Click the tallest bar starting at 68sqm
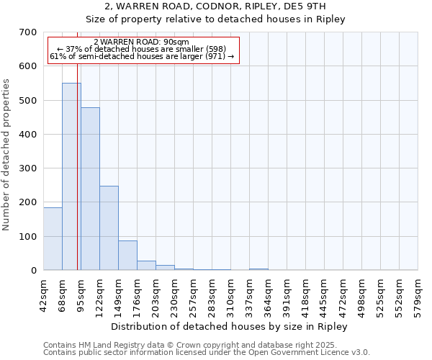click(x=71, y=176)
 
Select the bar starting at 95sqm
click(x=90, y=189)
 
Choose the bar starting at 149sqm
click(x=127, y=256)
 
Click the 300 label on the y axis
click(x=29, y=168)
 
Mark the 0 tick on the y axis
click(x=33, y=271)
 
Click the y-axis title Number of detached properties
click(x=7, y=156)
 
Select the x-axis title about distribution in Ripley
click(x=230, y=326)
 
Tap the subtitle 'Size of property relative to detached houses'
click(x=215, y=19)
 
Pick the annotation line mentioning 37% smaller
click(x=141, y=49)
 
